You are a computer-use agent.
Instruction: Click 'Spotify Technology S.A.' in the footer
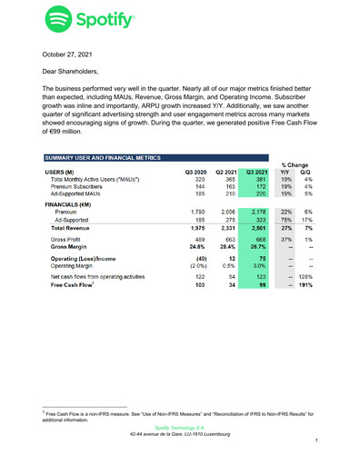coord(180,425)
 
